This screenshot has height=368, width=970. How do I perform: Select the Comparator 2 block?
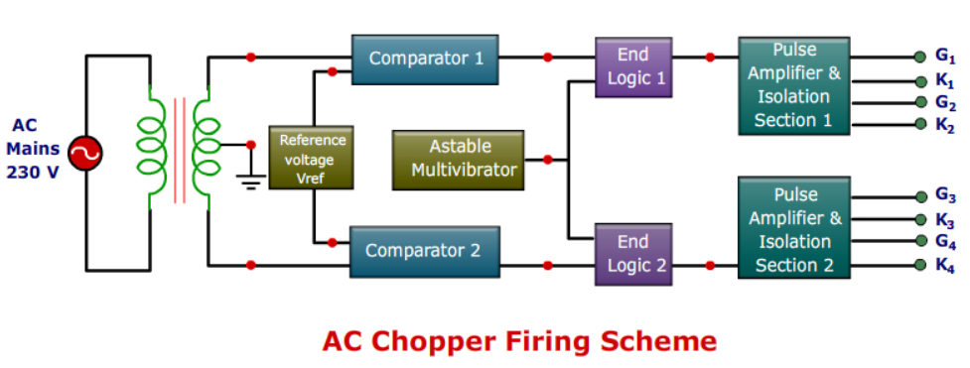[x=422, y=250]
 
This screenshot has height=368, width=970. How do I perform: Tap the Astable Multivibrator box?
[x=459, y=159]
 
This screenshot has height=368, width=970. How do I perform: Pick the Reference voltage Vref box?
[x=312, y=158]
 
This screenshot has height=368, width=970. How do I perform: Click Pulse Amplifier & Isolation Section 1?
[x=793, y=85]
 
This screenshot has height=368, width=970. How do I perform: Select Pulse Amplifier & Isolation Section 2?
[x=793, y=229]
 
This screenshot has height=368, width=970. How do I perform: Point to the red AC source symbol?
[x=85, y=154]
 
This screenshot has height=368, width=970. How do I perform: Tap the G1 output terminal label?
[x=945, y=57]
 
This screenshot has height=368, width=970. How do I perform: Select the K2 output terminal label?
[x=945, y=126]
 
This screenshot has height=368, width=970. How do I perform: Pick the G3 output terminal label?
[x=945, y=195]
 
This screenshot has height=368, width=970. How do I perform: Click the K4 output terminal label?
[x=945, y=265]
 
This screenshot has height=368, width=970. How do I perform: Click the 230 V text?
[x=36, y=170]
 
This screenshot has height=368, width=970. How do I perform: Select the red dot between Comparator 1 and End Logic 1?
[x=547, y=58]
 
